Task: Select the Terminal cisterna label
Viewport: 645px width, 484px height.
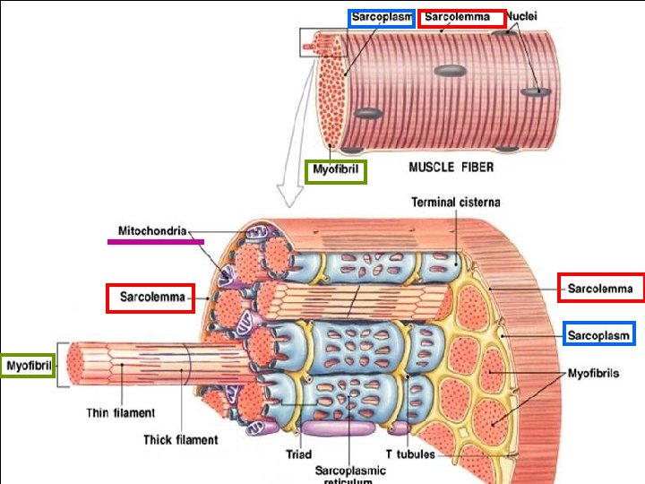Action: tap(455, 203)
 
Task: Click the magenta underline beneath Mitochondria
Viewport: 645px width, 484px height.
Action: tap(156, 241)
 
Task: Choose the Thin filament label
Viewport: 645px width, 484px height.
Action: tap(120, 413)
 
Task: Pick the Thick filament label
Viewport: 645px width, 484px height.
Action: tap(180, 439)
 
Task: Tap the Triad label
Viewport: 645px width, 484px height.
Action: tap(298, 454)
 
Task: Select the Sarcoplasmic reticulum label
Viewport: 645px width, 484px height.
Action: tap(350, 472)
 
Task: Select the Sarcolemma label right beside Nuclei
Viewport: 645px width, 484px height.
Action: tap(457, 17)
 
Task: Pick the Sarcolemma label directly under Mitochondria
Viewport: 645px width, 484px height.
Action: tap(150, 297)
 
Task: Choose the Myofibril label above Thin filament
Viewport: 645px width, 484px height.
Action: tap(28, 365)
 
